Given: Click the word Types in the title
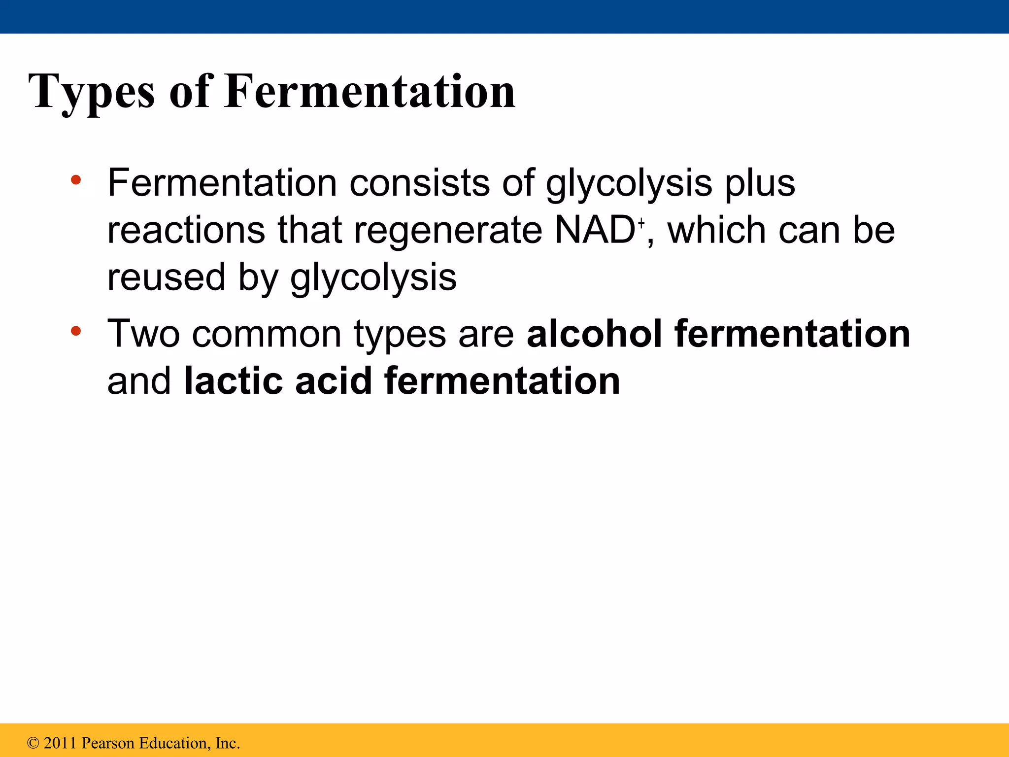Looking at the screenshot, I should [x=91, y=92].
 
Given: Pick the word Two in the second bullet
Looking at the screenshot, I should [x=143, y=334].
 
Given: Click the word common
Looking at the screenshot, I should [x=267, y=334].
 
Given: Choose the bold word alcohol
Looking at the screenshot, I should [x=594, y=334].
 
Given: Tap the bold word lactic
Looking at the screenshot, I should [x=233, y=381].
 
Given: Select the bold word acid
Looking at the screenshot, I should [x=333, y=381].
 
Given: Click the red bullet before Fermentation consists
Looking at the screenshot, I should [x=75, y=180].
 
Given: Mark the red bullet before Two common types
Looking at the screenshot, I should [x=75, y=331].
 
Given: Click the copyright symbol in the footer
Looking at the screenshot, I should [x=33, y=743].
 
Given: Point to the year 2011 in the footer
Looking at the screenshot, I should [x=61, y=743].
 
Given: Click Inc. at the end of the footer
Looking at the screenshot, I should [x=227, y=743].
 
